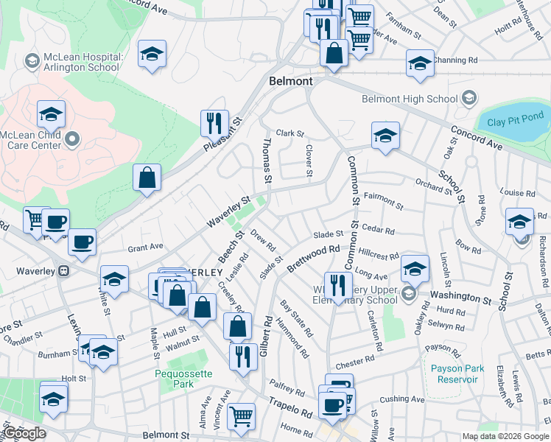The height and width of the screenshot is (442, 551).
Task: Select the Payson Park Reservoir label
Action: (455, 373)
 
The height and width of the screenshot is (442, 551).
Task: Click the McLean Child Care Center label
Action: (31, 140)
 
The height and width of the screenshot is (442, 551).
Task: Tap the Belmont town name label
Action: (291, 81)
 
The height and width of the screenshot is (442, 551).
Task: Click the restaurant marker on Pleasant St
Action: (214, 122)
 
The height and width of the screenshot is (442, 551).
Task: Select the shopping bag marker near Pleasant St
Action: (147, 178)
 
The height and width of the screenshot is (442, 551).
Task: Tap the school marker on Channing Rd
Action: (420, 63)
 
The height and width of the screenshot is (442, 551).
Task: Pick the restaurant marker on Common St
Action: (338, 284)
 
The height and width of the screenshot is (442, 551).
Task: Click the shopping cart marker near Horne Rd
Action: (241, 415)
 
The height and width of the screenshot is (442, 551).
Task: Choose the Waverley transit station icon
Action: (64, 270)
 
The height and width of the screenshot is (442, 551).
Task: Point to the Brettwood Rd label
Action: (314, 259)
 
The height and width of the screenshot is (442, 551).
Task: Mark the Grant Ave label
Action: (145, 247)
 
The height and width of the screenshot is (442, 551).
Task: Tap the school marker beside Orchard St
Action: (385, 135)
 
